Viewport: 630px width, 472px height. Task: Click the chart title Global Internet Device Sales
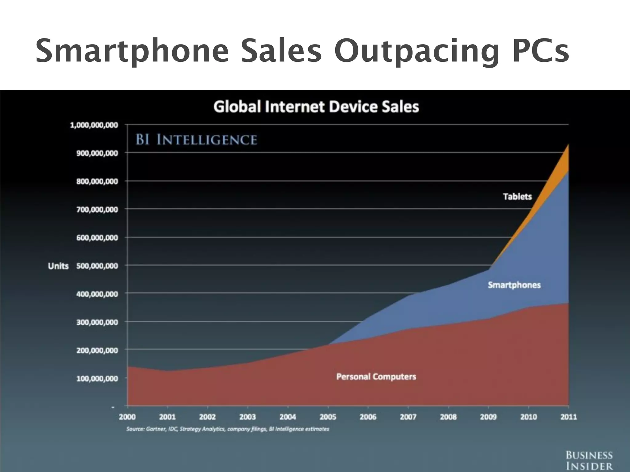pos(316,107)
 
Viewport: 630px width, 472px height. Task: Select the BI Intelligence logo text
pos(196,140)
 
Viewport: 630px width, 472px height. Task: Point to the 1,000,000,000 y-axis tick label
pos(94,125)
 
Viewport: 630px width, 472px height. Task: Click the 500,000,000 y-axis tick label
pos(97,266)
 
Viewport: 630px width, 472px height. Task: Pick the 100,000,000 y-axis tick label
pos(97,379)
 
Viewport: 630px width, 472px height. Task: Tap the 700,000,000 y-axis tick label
pos(97,210)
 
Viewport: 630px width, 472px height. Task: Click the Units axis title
pos(58,266)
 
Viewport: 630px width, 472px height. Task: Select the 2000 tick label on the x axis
pos(127,417)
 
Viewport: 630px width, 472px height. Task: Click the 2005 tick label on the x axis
pos(328,417)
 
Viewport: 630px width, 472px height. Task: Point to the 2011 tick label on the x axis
pos(568,417)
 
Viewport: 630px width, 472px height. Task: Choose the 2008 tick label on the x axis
pos(448,417)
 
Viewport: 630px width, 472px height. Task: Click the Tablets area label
pos(517,196)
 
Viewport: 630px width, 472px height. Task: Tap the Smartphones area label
pos(514,285)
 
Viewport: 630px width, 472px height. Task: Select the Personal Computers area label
pos(376,376)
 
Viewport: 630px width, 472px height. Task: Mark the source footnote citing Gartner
pos(228,429)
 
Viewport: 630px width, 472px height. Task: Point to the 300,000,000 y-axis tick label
pos(97,322)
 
